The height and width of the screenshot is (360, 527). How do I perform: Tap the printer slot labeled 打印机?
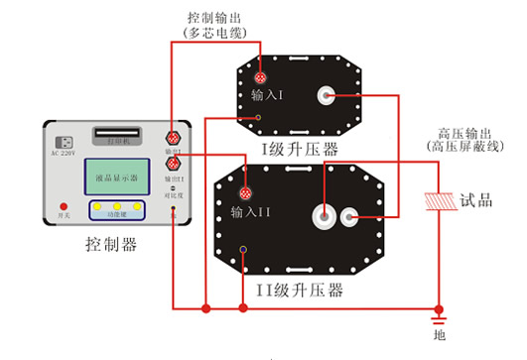pos(116,135)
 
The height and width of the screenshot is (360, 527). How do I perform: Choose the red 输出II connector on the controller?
pos(171,164)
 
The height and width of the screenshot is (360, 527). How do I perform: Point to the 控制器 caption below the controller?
pos(111,244)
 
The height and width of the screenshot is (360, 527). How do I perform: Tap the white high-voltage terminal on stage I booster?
pos(324,95)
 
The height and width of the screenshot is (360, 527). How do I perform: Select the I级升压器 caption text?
pos(300,149)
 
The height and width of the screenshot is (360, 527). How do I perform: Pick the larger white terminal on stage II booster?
pos(324,213)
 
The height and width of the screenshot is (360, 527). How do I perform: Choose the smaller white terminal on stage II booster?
pos(349,214)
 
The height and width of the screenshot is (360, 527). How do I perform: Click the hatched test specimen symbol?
pos(437,199)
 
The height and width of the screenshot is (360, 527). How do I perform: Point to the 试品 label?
pos(477,199)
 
